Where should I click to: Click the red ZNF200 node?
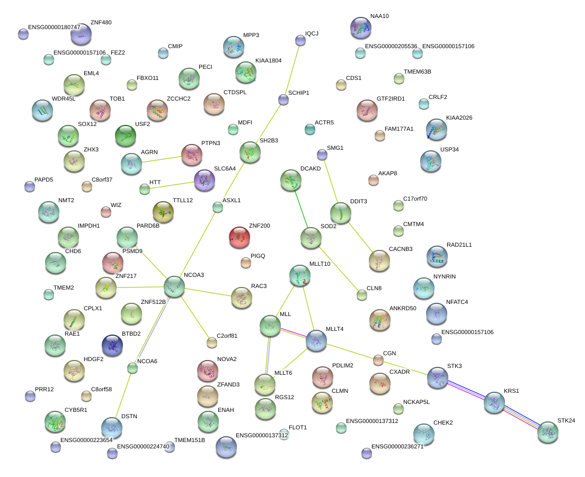pyautogui.click(x=239, y=237)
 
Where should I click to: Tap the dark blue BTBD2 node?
pyautogui.click(x=112, y=345)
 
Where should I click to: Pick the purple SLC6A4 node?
pyautogui.click(x=204, y=181)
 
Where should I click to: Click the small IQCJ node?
pyautogui.click(x=300, y=40)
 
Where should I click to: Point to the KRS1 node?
pyautogui.click(x=494, y=402)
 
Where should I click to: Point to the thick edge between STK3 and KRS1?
pyautogui.click(x=466, y=390)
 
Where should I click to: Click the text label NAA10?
pyautogui.click(x=379, y=16)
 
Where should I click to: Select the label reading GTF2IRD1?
pyautogui.click(x=391, y=98)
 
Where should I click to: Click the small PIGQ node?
pyautogui.click(x=245, y=262)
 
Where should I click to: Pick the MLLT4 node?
pyautogui.click(x=316, y=340)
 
